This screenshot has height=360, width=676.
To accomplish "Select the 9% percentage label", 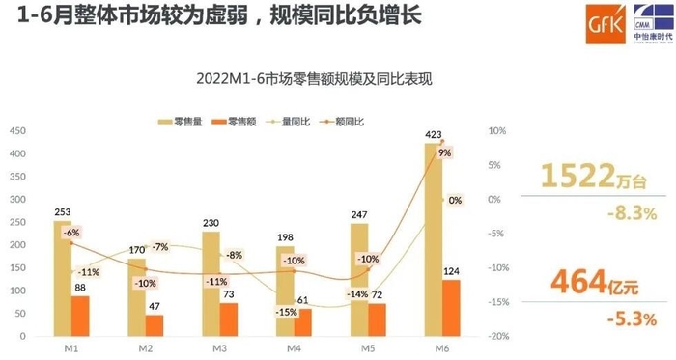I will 444,152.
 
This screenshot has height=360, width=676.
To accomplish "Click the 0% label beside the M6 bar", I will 454,200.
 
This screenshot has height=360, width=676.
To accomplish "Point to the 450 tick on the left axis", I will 18,131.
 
